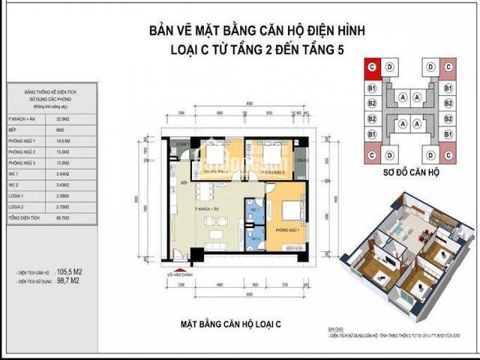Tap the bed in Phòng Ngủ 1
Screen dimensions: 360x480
289,214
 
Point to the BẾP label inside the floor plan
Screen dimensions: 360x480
183,182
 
